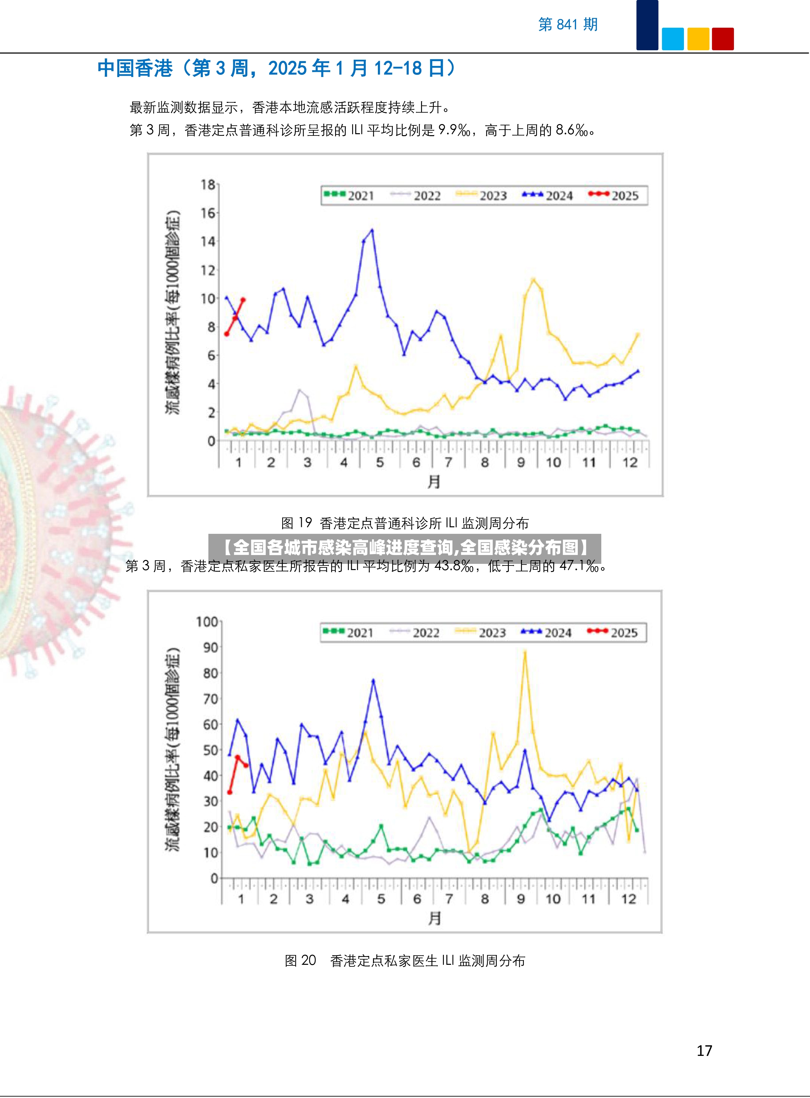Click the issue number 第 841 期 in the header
click(568, 24)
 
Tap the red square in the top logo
click(723, 39)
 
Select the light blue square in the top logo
click(673, 39)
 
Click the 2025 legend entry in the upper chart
click(613, 196)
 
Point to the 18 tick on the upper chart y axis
click(208, 185)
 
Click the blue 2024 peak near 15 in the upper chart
click(372, 230)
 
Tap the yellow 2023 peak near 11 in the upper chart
click(533, 280)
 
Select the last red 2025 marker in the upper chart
click(243, 299)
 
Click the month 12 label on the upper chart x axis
click(630, 462)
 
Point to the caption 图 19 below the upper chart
click(297, 523)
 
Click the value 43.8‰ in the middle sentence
click(454, 566)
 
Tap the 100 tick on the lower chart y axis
click(207, 622)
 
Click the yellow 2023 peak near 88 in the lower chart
click(525, 652)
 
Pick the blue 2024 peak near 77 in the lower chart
click(373, 680)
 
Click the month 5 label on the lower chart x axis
click(381, 899)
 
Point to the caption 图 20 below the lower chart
click(300, 960)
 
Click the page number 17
click(705, 1050)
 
